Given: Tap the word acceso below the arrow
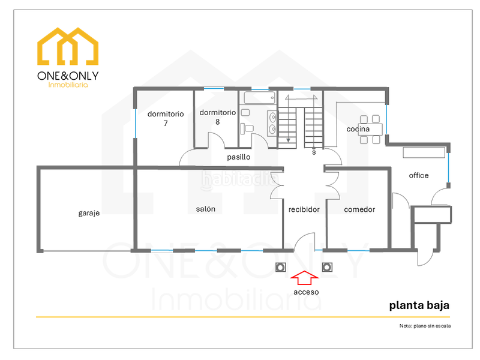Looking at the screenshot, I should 306,292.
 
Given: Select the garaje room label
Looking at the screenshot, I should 89,213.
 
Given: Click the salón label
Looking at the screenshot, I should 205,209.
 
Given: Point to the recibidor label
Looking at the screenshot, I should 304,209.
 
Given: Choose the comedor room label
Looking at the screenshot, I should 359,209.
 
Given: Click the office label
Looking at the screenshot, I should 419,175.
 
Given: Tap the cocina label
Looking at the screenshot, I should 358,129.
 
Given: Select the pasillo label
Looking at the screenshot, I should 238,157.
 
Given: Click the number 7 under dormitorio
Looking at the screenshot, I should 165,123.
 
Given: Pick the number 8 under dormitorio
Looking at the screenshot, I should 217,122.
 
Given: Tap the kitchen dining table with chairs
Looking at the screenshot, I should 369,129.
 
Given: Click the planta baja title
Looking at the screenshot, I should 419,305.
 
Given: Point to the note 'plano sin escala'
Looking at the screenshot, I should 424,326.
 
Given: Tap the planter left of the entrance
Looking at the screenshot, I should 280,267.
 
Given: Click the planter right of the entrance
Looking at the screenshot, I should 327,267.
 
